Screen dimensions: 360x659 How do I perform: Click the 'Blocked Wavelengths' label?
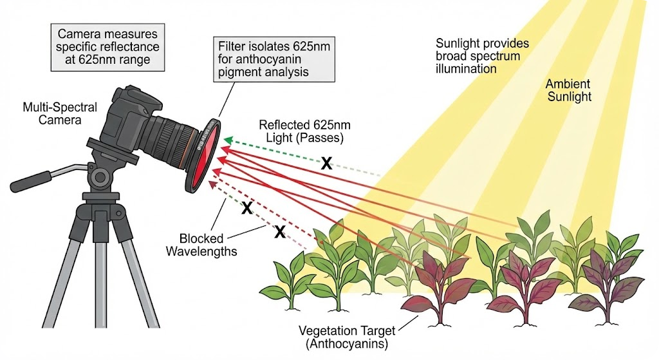click(201, 243)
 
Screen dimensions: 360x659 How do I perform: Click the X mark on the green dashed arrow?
click(326, 164)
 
